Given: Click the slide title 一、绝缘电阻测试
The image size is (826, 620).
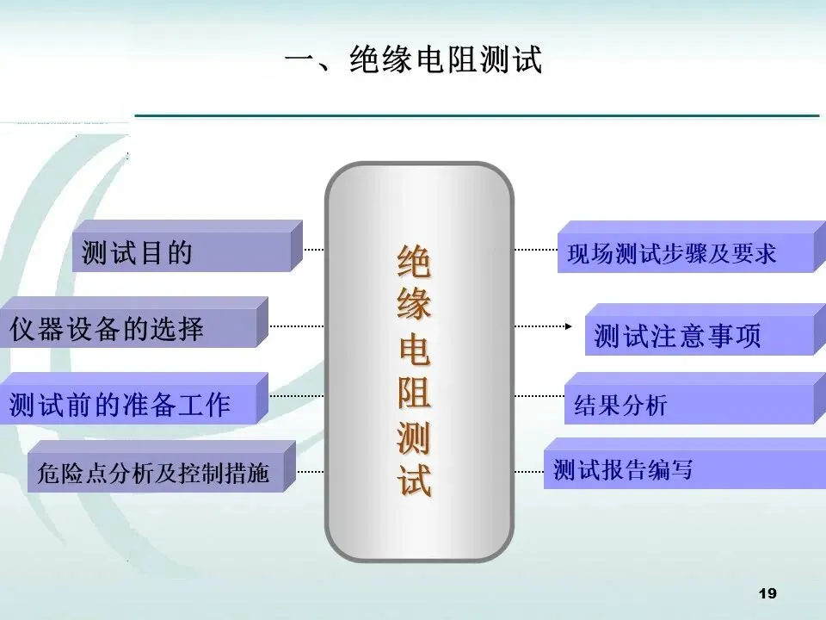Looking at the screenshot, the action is tap(413, 60).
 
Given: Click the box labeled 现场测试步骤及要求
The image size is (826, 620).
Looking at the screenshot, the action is tap(680, 253).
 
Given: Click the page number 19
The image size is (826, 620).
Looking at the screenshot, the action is tap(768, 593).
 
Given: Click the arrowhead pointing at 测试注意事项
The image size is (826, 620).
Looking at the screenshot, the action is tap(568, 326).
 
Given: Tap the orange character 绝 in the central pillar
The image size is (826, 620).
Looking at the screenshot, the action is tap(414, 262).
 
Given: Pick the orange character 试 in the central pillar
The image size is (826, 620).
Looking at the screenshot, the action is tap(414, 480).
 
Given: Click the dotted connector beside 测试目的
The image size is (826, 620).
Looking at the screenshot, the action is tap(314, 250).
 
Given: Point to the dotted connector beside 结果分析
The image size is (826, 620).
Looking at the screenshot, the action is tap(539, 397).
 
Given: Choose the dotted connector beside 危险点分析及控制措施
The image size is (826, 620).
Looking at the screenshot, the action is tap(310, 473).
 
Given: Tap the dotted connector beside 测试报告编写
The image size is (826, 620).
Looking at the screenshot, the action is tap(528, 473).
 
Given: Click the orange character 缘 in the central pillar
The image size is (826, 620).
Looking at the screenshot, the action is tap(414, 306).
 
